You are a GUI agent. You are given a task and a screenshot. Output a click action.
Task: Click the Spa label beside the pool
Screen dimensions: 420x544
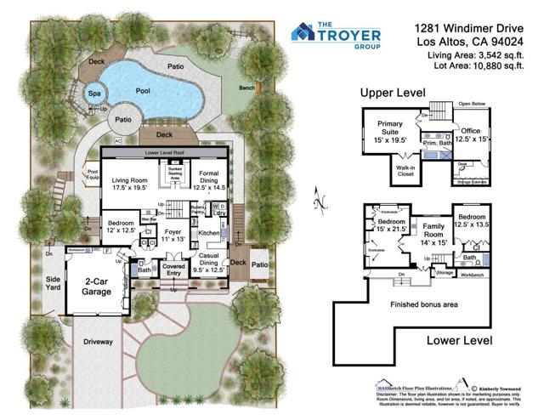(x=93, y=93)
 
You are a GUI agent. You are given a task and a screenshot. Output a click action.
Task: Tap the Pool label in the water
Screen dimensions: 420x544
(x=144, y=88)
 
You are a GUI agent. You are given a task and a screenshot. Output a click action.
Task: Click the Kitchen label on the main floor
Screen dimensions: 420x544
(x=209, y=231)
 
